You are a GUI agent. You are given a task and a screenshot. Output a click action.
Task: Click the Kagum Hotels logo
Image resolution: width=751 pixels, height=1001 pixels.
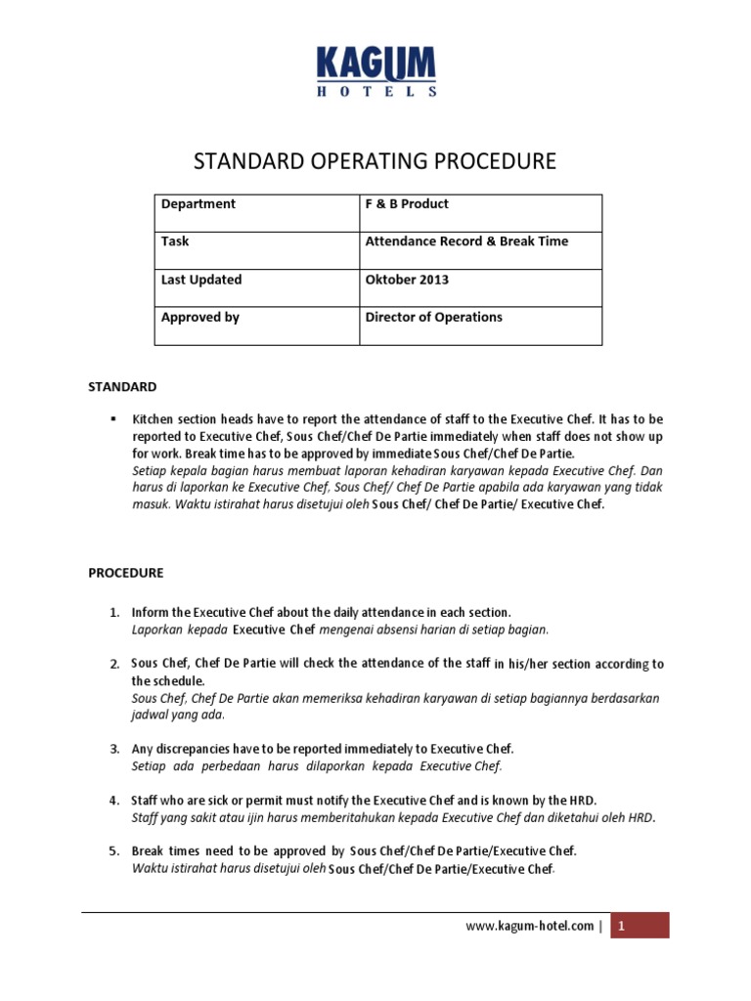(376, 73)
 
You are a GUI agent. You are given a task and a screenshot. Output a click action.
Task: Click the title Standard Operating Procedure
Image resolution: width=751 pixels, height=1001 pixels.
(375, 160)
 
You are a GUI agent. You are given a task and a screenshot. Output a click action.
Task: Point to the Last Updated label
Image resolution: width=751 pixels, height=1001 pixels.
(201, 280)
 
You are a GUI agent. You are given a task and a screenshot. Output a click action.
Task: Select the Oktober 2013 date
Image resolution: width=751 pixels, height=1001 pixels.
(407, 280)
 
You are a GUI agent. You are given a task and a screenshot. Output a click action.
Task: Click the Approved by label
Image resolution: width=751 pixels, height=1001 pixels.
(200, 318)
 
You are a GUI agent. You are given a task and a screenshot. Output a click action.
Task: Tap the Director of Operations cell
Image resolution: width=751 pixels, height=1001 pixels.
(433, 318)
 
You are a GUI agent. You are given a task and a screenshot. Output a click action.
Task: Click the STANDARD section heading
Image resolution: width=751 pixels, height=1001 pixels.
(123, 387)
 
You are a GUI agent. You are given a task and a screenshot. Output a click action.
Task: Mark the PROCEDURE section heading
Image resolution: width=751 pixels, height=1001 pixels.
(126, 573)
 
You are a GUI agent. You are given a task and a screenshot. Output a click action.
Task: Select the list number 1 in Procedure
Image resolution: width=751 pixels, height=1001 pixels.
(113, 612)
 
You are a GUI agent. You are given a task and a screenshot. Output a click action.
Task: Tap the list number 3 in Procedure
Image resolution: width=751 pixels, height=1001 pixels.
(113, 749)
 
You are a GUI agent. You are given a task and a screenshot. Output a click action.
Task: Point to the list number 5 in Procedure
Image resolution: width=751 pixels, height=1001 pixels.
(113, 850)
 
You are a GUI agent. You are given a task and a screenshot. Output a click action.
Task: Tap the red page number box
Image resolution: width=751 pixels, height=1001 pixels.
(640, 926)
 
